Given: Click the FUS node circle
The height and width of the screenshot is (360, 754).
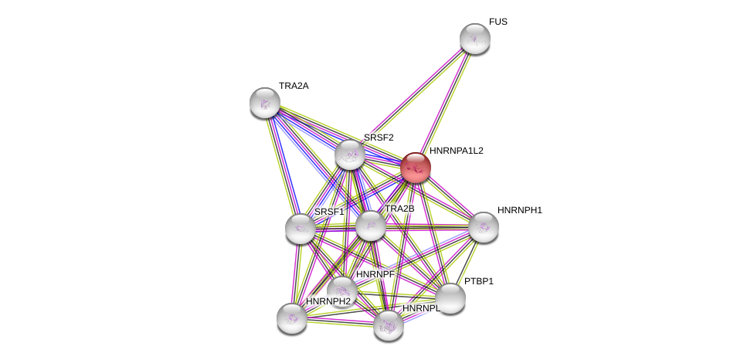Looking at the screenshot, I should coord(474,39).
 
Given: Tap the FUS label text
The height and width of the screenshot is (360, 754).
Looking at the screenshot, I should coord(498,22).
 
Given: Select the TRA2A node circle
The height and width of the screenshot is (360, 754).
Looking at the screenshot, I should coord(265,103).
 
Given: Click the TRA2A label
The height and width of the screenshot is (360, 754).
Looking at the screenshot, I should coord(294,86).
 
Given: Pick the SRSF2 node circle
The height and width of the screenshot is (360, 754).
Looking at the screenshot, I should coord(350,155).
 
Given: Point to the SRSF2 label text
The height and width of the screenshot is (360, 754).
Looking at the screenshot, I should coord(379,138).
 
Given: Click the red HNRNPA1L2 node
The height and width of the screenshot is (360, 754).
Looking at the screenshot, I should coord(415,168).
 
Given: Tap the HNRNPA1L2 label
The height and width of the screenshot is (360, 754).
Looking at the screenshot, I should coord(456,151).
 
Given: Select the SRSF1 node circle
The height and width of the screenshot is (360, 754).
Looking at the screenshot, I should coord(300,228).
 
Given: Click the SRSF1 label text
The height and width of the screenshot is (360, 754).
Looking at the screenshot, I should coord(328,212).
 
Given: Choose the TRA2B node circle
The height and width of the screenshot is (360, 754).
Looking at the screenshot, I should coord(371,226).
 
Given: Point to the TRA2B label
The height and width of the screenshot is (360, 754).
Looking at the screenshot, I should coord(399,209).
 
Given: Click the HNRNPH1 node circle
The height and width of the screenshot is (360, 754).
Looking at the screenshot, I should coord(484,227).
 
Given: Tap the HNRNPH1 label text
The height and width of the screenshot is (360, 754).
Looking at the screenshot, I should coord(519,210).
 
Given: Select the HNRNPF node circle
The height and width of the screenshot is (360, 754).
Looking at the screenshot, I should coord(342,291).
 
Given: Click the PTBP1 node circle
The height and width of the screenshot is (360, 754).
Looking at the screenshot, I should coord(450,298).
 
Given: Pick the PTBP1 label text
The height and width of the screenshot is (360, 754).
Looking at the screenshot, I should coord(478,281).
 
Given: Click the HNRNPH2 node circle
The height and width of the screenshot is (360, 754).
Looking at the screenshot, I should coord(292,318).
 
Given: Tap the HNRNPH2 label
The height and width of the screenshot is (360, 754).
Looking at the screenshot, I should coord(328,301).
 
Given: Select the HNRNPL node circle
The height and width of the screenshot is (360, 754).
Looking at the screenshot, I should coord(389,325).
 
